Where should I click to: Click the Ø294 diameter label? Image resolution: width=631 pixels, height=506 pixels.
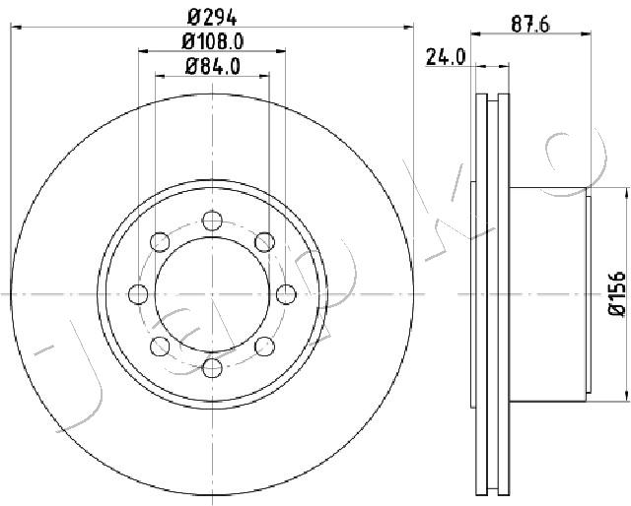pyautogui.click(x=213, y=17)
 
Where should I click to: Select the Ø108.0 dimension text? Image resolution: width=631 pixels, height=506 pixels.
pyautogui.click(x=213, y=41)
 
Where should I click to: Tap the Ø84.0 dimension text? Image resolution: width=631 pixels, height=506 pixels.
pyautogui.click(x=213, y=66)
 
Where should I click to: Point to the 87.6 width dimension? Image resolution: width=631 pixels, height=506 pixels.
pyautogui.click(x=530, y=25)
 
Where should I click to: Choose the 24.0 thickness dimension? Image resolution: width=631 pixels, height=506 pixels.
pyautogui.click(x=446, y=57)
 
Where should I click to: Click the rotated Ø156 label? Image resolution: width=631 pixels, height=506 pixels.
pyautogui.click(x=616, y=293)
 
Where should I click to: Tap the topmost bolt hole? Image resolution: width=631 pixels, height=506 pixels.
pyautogui.click(x=212, y=221)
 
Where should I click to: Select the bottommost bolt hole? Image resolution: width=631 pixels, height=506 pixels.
pyautogui.click(x=212, y=368)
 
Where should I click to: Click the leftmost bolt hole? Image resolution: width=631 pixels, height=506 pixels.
pyautogui.click(x=138, y=294)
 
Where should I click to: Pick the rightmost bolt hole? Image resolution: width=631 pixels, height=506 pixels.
pyautogui.click(x=286, y=294)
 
